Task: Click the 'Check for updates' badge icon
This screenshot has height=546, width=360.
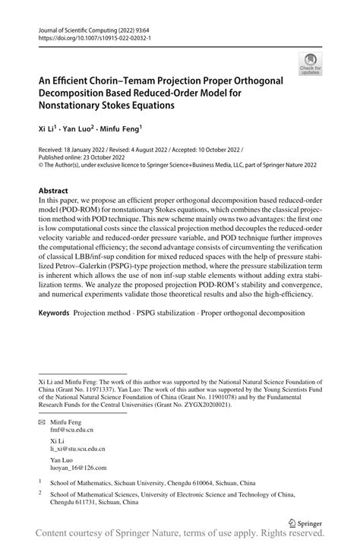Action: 309,64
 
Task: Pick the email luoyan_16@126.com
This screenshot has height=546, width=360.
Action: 78,468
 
